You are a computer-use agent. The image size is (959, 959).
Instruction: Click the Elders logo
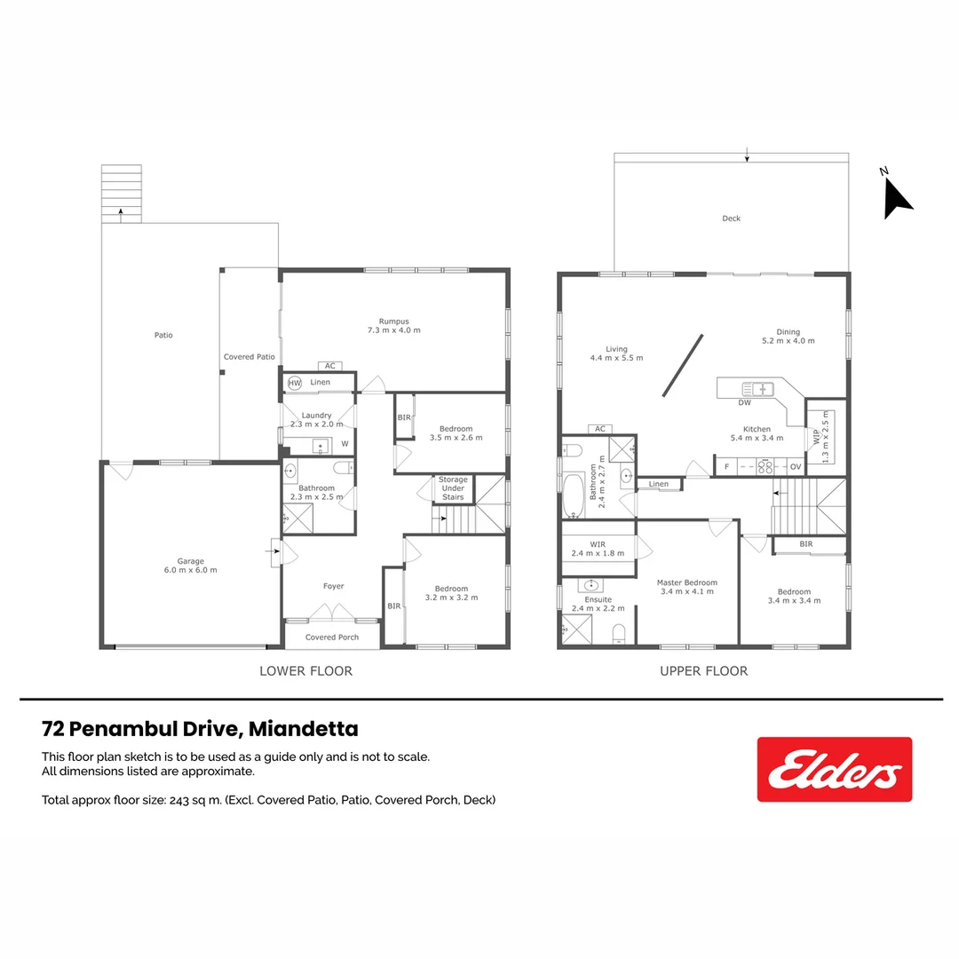(x=834, y=769)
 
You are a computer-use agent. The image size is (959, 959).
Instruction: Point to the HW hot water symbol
(x=295, y=383)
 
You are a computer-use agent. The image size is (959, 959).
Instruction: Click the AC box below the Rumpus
(x=329, y=366)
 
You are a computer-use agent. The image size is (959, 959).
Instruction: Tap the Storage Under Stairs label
(x=453, y=488)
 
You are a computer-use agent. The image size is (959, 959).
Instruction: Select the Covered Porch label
(x=332, y=638)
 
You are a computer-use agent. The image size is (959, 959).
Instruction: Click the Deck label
(x=731, y=218)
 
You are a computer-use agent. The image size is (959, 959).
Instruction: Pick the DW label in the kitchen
(x=744, y=403)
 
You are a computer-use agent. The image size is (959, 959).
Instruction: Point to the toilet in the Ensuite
(x=619, y=632)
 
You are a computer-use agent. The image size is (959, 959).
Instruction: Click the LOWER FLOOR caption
(x=305, y=671)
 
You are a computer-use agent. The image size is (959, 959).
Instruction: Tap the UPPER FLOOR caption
(x=703, y=671)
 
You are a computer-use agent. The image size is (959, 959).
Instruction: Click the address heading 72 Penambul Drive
(x=200, y=729)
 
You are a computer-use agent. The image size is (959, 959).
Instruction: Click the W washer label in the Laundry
(x=345, y=444)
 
